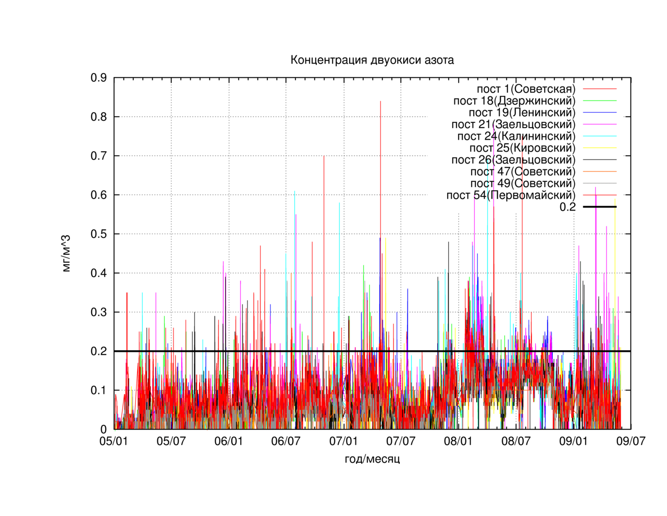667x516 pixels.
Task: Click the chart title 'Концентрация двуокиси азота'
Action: [372, 60]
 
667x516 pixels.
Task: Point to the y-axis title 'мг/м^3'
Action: [66, 253]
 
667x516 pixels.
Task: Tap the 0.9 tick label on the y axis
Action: [98, 78]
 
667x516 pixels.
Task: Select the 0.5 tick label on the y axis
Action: [98, 234]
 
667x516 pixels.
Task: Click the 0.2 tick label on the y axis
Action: [98, 351]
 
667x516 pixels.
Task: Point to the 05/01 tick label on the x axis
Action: [114, 441]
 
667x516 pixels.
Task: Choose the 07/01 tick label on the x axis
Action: [343, 441]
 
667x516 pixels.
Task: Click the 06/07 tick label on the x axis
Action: [286, 441]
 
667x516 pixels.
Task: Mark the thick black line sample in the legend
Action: [600, 207]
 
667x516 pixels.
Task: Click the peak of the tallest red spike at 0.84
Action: [380, 101]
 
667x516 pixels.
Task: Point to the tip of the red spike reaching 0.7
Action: [324, 156]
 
